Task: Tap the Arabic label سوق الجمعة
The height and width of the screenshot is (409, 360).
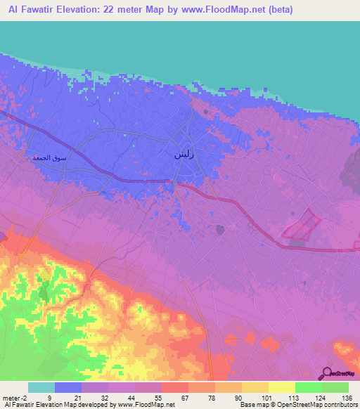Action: click(x=50, y=158)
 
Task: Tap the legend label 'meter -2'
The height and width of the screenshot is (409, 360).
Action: click(x=15, y=398)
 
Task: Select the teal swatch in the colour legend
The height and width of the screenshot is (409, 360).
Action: click(x=41, y=387)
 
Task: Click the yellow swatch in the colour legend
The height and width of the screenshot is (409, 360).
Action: click(x=281, y=387)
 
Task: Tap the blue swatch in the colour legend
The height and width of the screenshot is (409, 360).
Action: click(x=67, y=387)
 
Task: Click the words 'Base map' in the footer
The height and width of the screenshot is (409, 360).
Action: click(x=251, y=405)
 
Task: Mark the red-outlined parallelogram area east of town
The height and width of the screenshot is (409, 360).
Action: click(x=301, y=228)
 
